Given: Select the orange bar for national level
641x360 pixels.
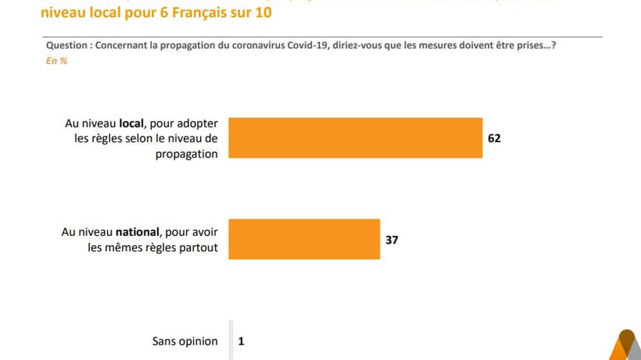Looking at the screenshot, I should click(305, 239).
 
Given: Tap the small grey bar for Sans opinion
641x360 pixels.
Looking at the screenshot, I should click(231, 341).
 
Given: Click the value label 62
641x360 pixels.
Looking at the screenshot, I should click(494, 138).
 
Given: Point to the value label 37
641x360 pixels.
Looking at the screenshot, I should click(392, 239).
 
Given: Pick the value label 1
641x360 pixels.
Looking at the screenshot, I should click(241, 341).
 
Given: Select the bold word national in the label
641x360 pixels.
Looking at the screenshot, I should click(137, 232).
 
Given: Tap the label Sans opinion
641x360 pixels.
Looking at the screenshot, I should click(185, 341).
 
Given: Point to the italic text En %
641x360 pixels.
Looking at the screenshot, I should click(56, 61).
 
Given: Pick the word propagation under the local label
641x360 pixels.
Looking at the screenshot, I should click(186, 153).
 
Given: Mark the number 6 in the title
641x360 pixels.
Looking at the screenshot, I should click(152, 13).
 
